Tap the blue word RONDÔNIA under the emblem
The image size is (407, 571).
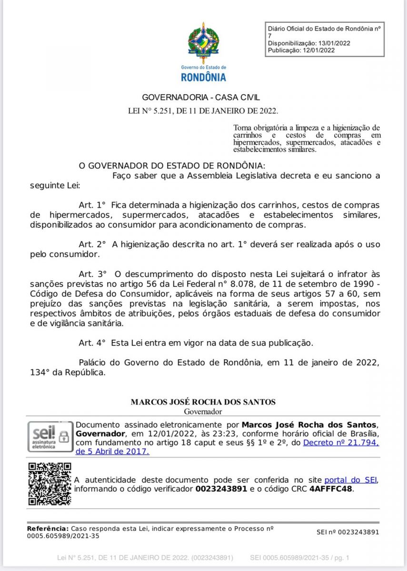203,77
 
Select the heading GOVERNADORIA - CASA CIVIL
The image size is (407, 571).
201,98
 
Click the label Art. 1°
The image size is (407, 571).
91,205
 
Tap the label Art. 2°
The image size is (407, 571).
91,244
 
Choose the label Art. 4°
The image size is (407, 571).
91,342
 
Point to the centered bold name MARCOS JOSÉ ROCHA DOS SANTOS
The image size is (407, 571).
203,402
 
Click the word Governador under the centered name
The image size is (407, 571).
203,412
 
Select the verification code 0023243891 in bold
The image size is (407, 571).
221,489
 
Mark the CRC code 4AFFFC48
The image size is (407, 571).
331,489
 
